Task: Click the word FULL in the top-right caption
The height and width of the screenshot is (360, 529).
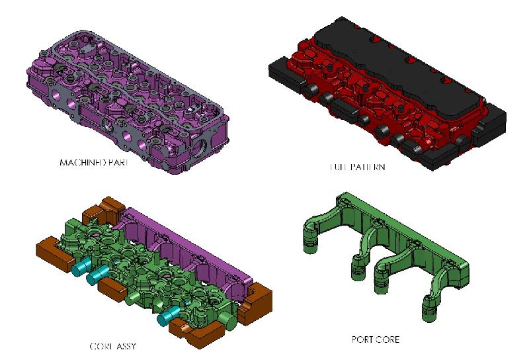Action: tap(339, 168)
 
